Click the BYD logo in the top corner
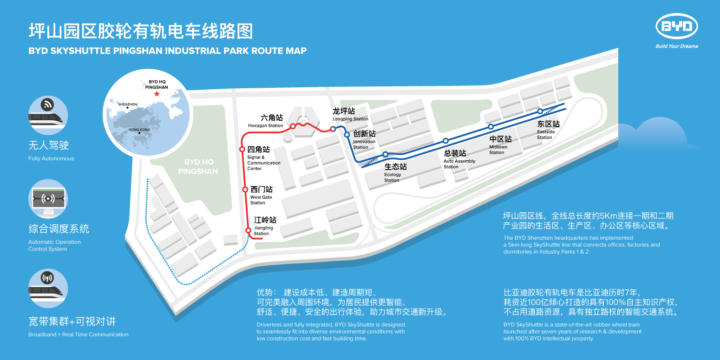pos(676,27)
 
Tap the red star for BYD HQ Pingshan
pos(157,94)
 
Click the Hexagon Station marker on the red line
pos(293,126)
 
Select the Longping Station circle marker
pos(333,129)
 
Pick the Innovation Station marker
pos(347,135)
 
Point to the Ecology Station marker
pos(385,154)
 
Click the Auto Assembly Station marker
pos(445,141)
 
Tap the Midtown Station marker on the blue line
pos(491,127)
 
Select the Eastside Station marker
pos(540,111)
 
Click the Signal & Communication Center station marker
pos(242,149)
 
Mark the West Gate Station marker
pos(245,189)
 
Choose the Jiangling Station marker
pos(248,230)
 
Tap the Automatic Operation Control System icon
pos(48,199)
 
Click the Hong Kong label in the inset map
pos(139,130)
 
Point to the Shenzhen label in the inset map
pos(127,105)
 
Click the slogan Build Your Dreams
pos(676,46)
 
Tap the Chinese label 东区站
pos(548,124)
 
